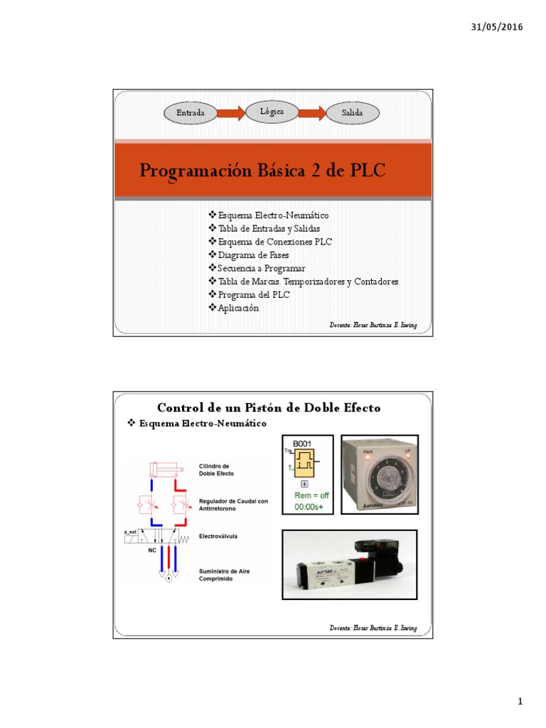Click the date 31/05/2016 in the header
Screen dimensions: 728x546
tap(497, 27)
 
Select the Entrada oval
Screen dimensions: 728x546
tap(191, 113)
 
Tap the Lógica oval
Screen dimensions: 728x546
tap(271, 112)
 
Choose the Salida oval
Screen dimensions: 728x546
tap(352, 113)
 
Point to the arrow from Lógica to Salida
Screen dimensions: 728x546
tap(311, 112)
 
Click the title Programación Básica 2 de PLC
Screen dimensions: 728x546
tap(262, 171)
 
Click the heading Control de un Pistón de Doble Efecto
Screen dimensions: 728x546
tap(268, 407)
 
